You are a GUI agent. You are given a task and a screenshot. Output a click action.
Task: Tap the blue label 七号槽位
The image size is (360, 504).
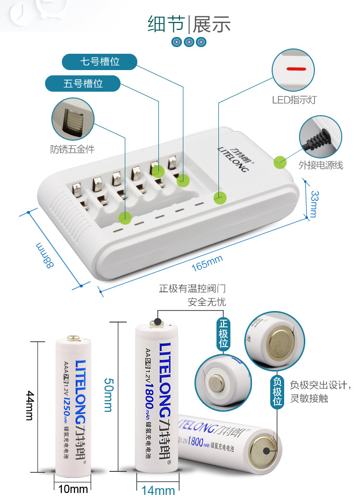(99, 62)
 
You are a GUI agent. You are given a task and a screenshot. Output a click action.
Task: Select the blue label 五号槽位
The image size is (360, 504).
(83, 84)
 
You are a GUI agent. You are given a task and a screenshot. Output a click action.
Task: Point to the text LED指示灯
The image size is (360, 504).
(294, 100)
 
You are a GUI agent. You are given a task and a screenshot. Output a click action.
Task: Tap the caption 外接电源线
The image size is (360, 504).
(321, 165)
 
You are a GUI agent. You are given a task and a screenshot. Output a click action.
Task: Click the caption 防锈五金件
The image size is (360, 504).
(72, 149)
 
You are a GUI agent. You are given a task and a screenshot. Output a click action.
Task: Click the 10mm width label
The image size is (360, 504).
(73, 489)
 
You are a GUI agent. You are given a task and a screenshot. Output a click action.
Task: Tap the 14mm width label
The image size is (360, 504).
(158, 491)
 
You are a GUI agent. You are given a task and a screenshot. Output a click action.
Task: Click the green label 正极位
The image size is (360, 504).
(223, 333)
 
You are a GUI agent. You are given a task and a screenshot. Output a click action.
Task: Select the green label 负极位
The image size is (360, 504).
(277, 392)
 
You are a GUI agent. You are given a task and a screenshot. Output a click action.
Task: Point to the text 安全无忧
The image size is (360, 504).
(206, 302)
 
